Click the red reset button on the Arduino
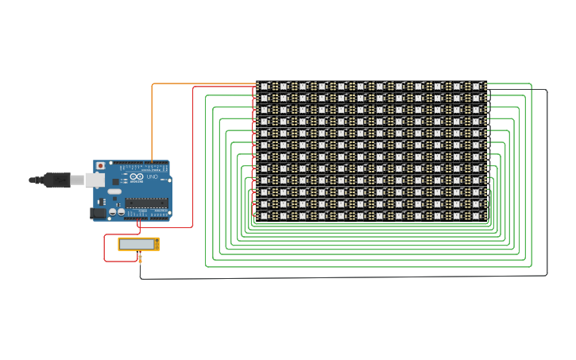coord(100,166)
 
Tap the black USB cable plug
coord(56,180)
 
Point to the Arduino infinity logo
coord(137,176)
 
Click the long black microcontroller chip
coord(146,203)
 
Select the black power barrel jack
coord(98,212)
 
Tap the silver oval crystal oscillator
coord(114,192)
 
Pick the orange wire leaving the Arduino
coord(152,119)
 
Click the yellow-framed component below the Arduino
coord(138,244)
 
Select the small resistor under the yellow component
coord(140,258)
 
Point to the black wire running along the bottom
coord(342,277)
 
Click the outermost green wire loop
coord(531,175)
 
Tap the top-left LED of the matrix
coord(265,86)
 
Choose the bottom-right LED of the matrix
coord(477,216)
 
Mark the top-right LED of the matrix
coord(477,86)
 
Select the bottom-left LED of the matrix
coord(265,216)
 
